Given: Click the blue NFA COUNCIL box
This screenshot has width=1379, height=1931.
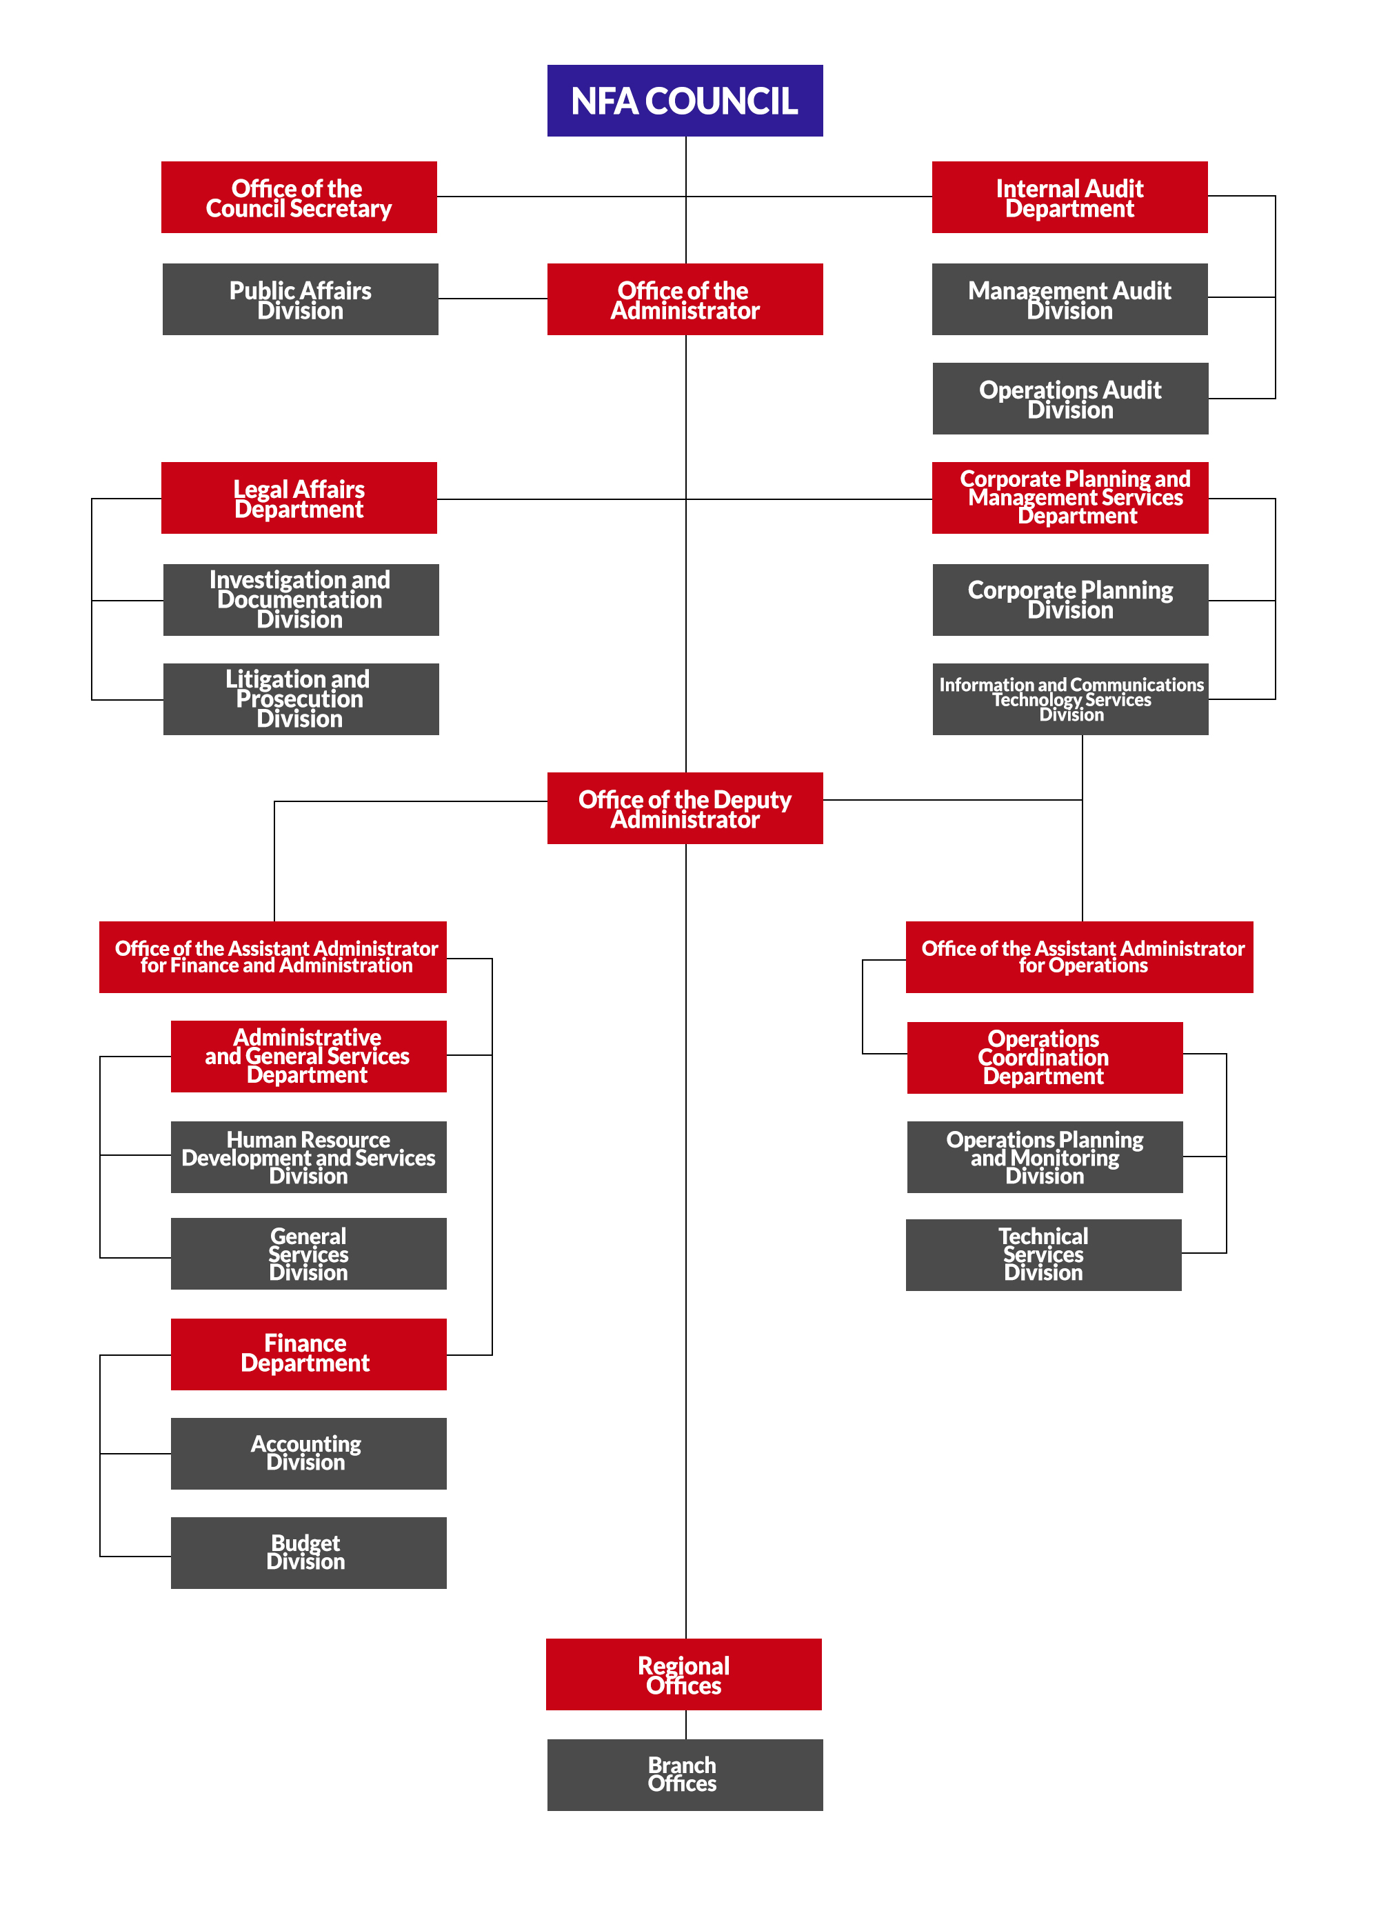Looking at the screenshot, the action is [x=685, y=100].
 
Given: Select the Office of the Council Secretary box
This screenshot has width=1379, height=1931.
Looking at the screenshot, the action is [x=299, y=197].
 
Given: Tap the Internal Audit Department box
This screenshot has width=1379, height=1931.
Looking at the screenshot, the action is [x=1070, y=197].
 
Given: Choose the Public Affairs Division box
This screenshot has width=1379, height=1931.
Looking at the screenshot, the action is [x=301, y=299].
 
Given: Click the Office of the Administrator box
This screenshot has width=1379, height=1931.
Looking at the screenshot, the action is [x=685, y=299].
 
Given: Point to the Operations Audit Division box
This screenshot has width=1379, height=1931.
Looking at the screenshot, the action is [x=1070, y=398].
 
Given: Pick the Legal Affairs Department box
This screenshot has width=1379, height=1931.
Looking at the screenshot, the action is [x=299, y=498].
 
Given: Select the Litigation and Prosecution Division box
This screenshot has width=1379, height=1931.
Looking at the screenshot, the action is [x=301, y=699].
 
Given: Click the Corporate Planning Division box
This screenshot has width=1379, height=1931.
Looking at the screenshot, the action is [x=1070, y=599].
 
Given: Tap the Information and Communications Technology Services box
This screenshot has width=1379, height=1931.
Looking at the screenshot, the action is [x=1070, y=699].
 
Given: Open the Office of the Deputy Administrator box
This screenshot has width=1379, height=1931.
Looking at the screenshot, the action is [x=685, y=808].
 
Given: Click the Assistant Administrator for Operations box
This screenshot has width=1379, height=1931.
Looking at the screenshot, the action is [x=1079, y=957].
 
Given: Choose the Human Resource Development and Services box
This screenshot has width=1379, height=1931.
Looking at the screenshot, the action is [x=308, y=1157].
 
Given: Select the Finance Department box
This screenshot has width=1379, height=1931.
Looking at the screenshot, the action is [x=308, y=1354].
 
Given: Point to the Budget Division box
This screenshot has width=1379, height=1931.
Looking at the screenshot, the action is [x=308, y=1552].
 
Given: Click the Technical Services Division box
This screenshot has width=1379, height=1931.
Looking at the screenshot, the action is [x=1044, y=1254].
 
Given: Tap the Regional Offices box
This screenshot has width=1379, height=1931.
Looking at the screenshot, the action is [x=683, y=1674].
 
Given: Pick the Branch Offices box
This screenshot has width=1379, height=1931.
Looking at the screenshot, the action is [x=685, y=1774].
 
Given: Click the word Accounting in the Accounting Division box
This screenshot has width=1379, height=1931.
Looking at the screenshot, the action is [x=305, y=1443].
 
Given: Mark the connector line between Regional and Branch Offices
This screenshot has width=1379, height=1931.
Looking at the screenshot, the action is [x=685, y=1725].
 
